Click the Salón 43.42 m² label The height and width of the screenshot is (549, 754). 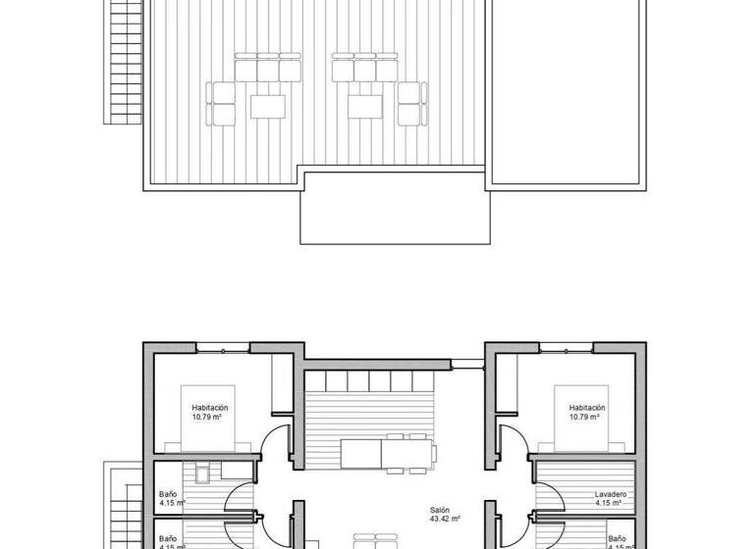[x=446, y=515]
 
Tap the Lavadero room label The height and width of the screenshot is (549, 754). [x=610, y=499]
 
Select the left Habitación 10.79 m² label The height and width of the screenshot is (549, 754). [x=210, y=412]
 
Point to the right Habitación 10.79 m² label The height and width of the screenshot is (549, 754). [x=587, y=412]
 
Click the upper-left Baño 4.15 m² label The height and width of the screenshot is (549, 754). [x=169, y=499]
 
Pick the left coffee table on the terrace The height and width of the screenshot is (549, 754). [x=268, y=104]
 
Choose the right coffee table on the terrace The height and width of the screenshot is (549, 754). [x=364, y=104]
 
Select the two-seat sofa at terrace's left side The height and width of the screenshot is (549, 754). [x=223, y=104]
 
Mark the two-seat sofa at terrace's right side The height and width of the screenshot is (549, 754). [x=409, y=104]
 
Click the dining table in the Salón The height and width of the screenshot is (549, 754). [x=388, y=453]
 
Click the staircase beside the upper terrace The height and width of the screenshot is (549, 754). [x=125, y=61]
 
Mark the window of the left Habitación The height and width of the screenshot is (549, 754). [x=223, y=347]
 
